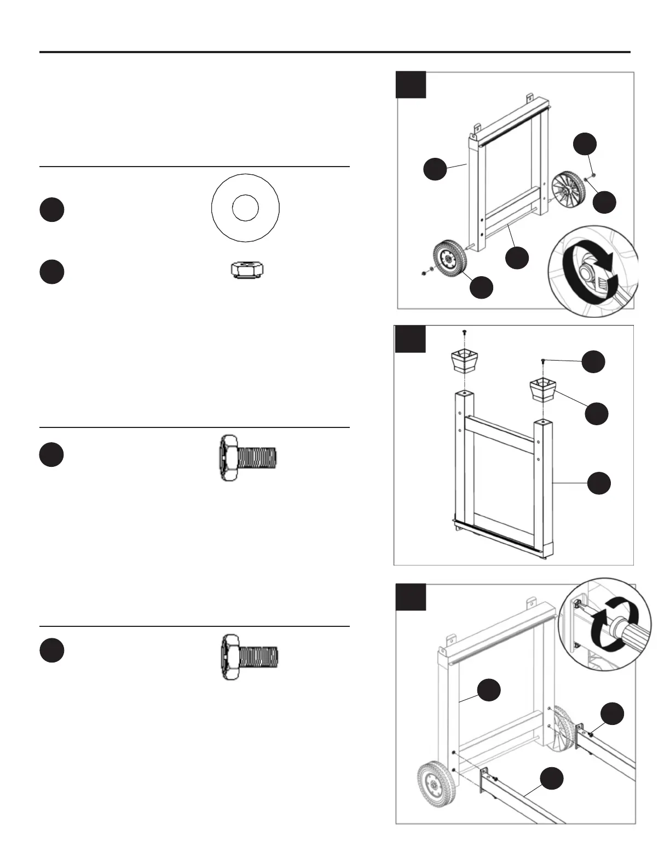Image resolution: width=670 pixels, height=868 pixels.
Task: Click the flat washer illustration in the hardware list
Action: pos(245,208)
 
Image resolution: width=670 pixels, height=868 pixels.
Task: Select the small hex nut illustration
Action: pos(245,270)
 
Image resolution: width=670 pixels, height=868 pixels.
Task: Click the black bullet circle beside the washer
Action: pos(51,210)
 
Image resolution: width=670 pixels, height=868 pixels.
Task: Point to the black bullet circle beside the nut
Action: pos(51,272)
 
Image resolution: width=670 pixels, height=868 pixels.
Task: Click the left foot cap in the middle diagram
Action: pos(464,362)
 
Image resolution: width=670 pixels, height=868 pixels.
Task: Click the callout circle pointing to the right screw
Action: pos(593,362)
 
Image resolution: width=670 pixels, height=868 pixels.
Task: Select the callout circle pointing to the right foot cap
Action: pos(596,413)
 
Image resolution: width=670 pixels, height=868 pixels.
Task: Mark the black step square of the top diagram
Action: pos(411,84)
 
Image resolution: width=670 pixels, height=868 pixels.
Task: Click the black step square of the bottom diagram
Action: pos(411,597)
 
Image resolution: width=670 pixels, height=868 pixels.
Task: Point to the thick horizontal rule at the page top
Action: pos(335,53)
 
